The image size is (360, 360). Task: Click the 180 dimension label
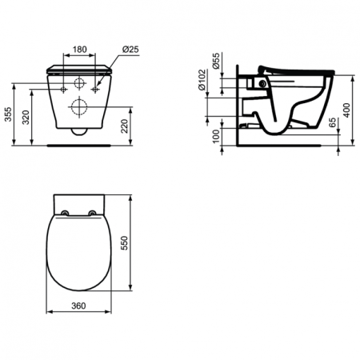click(x=78, y=50)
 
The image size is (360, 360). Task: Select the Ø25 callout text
click(x=131, y=50)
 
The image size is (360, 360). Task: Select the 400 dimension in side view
click(x=346, y=110)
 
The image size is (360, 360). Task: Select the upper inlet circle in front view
click(x=78, y=85)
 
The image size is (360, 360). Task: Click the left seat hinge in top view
click(x=63, y=212)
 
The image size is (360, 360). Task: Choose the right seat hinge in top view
click(x=94, y=212)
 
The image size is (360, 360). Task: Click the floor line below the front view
click(x=78, y=146)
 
